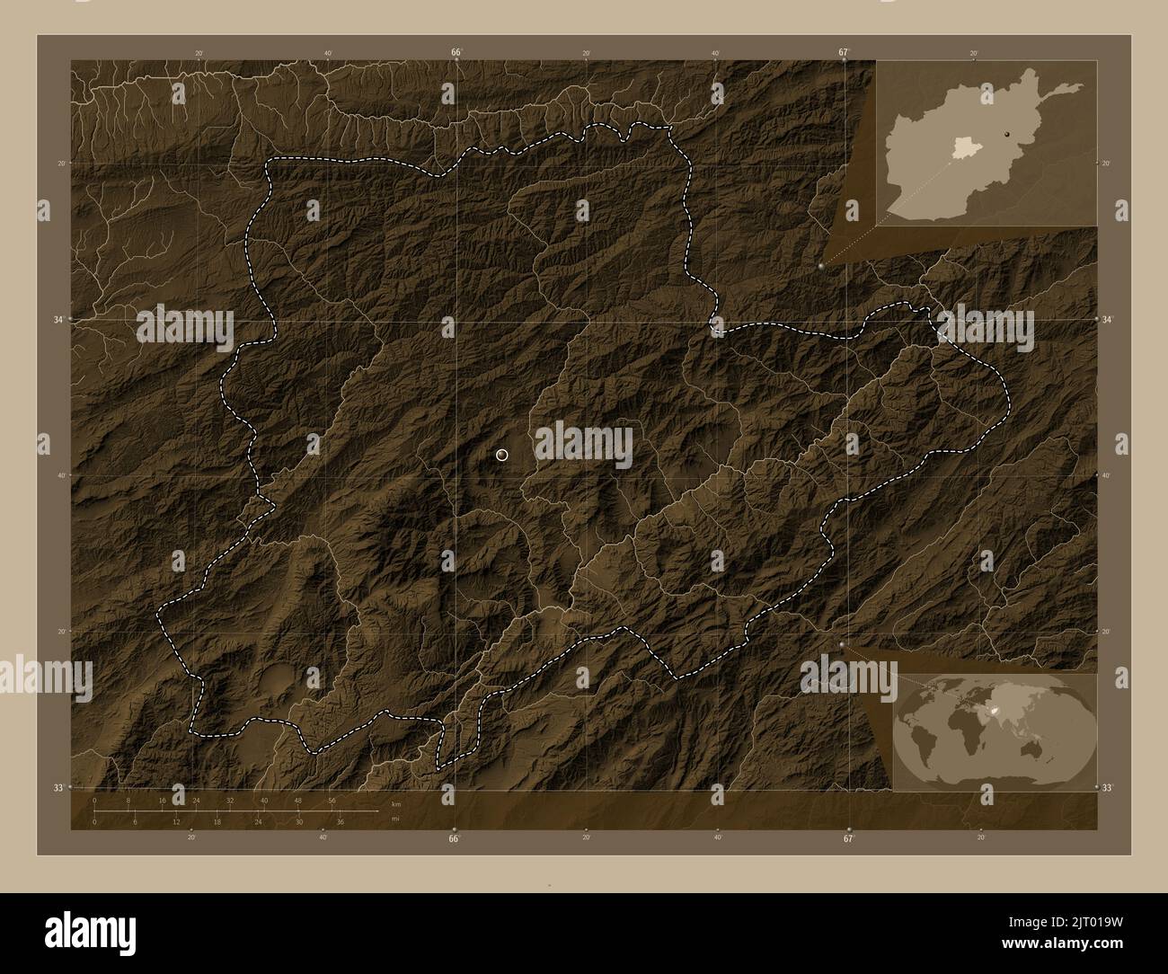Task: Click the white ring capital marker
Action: (x=501, y=456)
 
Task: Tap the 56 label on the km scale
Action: (x=332, y=800)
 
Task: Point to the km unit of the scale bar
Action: (x=395, y=803)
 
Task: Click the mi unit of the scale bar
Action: (x=394, y=819)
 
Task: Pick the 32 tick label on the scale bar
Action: (x=230, y=800)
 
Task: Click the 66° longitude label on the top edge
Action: (x=456, y=52)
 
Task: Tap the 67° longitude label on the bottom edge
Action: (x=848, y=839)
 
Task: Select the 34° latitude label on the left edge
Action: (x=57, y=319)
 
